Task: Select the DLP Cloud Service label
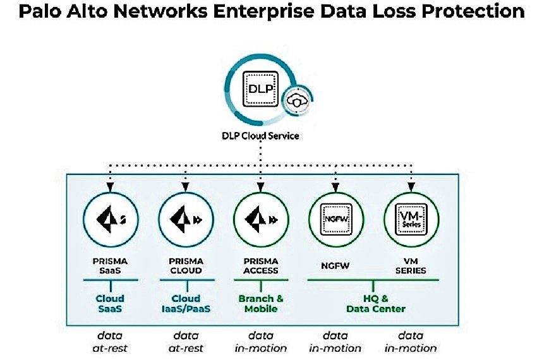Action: pos(261,136)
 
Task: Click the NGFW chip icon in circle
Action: pos(335,220)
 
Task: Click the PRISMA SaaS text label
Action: pos(111,265)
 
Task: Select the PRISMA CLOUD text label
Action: pos(186,265)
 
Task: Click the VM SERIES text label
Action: pos(411,265)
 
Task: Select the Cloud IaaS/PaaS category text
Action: pos(186,303)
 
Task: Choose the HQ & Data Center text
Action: pos(376,303)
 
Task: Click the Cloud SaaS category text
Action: pos(111,303)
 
